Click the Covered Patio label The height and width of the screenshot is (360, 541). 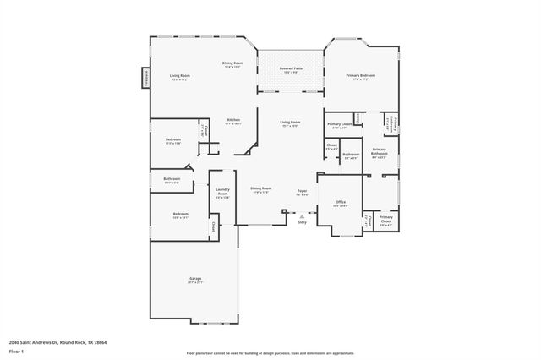point(291,69)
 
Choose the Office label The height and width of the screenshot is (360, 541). point(341,204)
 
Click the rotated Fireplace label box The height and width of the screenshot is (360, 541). point(145,78)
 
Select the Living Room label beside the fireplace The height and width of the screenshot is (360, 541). point(179,77)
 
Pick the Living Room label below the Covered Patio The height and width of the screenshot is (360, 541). point(290,123)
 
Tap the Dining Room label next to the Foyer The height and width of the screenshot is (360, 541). point(261,190)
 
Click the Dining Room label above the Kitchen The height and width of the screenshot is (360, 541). point(233,64)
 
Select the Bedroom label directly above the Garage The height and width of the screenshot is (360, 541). point(181,215)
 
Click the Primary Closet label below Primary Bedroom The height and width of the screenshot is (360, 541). point(340,126)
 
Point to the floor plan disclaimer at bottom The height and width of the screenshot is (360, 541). point(270,352)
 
